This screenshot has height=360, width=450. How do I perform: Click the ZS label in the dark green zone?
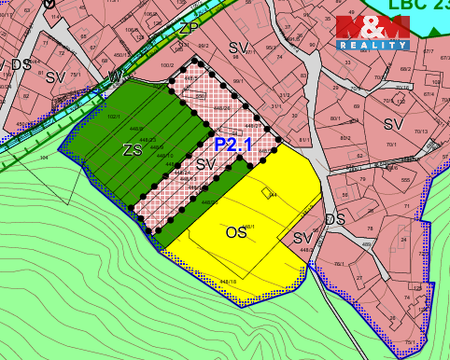tap(131, 149)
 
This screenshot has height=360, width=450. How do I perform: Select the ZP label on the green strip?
tap(190, 28)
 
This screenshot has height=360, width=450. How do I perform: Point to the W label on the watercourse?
tap(115, 75)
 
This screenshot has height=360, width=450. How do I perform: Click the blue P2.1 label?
tap(233, 145)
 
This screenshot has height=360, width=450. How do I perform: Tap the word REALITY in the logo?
tap(372, 45)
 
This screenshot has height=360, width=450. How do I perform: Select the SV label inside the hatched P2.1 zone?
tap(205, 164)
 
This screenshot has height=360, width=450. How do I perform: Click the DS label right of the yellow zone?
tap(335, 220)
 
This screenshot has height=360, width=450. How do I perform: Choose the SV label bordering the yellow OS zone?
tap(302, 238)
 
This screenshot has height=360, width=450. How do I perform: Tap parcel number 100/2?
tap(168, 65)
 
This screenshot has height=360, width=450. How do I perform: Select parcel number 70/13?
tap(419, 132)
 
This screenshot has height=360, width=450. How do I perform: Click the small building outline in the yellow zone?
tap(269, 193)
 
